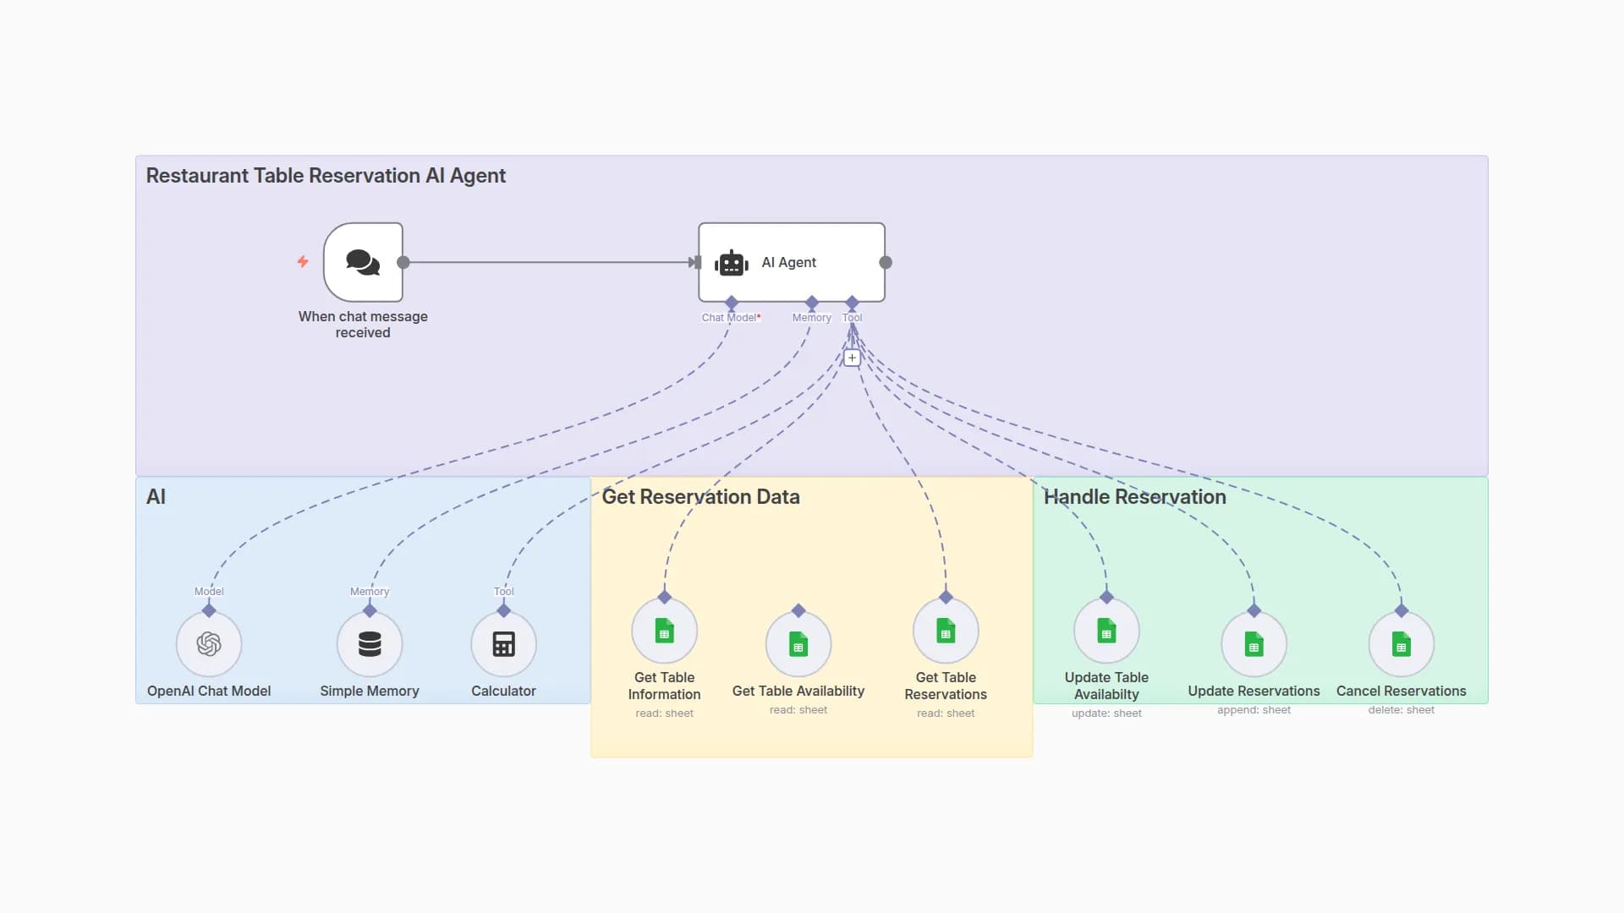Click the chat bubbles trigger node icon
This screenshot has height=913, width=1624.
[363, 262]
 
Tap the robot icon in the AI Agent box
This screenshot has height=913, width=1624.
[731, 263]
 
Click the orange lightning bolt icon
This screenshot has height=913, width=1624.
[303, 262]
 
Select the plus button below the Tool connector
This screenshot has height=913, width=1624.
[852, 358]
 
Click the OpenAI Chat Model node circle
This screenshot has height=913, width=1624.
[209, 644]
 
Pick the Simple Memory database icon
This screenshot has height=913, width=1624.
[370, 644]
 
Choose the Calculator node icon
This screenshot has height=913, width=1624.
[503, 644]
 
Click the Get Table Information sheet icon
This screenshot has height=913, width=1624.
[664, 631]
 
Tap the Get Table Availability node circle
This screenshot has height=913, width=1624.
[798, 644]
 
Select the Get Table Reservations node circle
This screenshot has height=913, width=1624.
[946, 631]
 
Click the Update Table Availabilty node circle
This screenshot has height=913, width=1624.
[1106, 631]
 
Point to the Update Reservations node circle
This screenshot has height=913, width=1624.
[1254, 644]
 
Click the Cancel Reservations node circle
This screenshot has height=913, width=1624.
[1401, 644]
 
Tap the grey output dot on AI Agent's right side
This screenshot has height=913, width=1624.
[886, 262]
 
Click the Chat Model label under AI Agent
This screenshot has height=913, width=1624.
[730, 318]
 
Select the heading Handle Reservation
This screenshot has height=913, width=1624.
[1134, 497]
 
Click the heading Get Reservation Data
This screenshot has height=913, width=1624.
[700, 497]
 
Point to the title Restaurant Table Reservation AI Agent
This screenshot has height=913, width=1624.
[326, 176]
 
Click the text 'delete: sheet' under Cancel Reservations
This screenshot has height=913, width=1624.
[1401, 710]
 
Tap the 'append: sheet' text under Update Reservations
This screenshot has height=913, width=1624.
[1254, 710]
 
